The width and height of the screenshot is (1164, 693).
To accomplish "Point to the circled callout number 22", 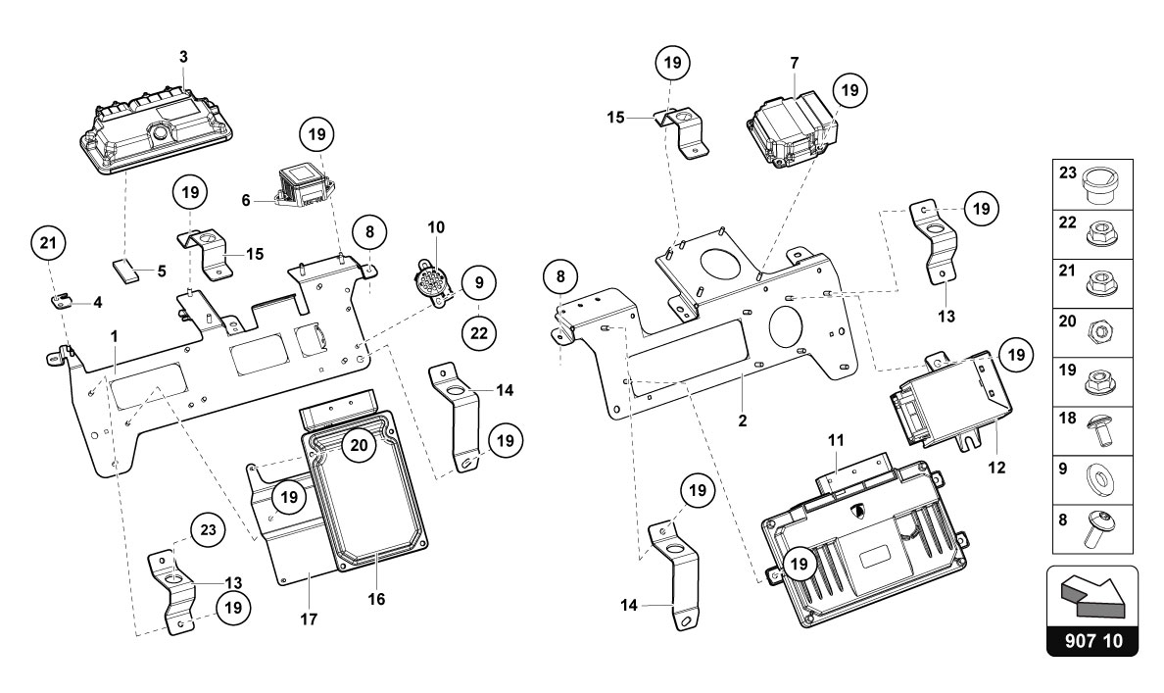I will (478, 333).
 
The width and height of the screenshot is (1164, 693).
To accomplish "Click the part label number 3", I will (183, 58).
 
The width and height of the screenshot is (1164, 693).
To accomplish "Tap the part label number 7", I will (795, 63).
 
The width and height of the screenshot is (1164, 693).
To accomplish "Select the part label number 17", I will (310, 619).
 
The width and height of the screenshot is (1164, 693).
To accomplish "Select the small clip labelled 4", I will (60, 299).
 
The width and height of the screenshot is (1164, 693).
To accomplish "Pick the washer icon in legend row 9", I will (1099, 481).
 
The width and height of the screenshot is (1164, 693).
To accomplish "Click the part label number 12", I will (995, 469).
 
